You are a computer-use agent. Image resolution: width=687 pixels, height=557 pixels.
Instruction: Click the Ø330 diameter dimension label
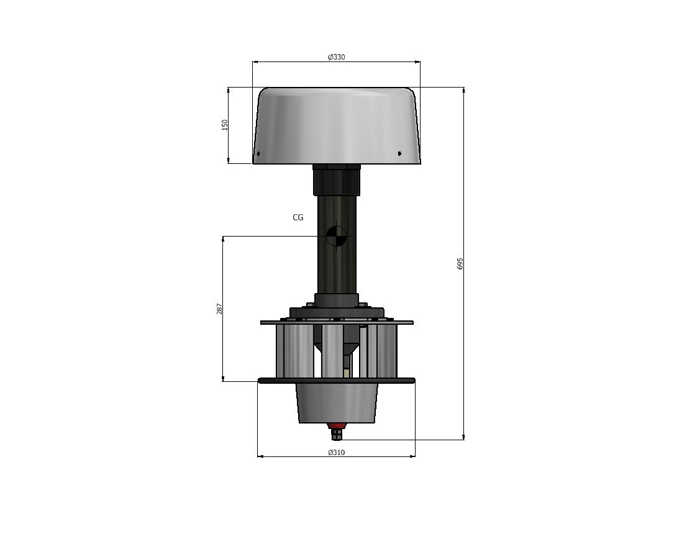coord(337,57)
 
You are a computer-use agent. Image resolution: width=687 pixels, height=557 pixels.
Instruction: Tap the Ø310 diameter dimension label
coord(337,452)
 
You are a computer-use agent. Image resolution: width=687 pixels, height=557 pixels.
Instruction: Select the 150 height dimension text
coord(225,125)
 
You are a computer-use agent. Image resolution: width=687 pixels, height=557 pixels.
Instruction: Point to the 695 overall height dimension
coord(460,263)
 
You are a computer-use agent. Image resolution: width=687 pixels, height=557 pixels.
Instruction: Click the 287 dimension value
coord(219,309)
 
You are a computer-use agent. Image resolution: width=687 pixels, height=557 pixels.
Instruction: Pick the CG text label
coord(298,217)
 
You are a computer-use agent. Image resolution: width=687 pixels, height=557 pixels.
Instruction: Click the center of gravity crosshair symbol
coord(337,237)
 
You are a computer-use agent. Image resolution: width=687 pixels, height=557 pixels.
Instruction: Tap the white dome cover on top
coord(337,125)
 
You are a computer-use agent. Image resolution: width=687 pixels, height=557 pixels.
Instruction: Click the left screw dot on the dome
coord(258,154)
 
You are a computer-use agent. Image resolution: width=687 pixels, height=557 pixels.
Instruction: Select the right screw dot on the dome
coord(399,153)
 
